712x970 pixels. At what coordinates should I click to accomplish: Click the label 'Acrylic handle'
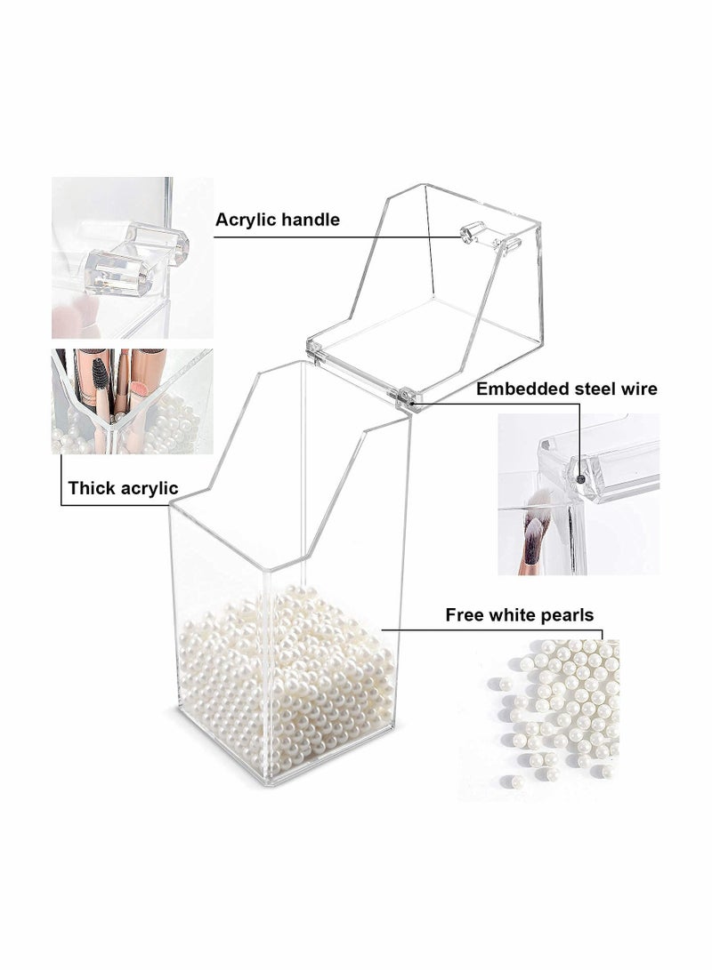click(278, 220)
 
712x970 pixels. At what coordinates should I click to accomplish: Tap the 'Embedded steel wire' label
click(566, 389)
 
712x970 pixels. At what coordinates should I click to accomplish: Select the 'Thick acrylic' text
click(123, 487)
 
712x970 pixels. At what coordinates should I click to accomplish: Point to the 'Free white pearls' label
click(519, 614)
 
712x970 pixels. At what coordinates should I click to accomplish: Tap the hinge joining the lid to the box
click(407, 394)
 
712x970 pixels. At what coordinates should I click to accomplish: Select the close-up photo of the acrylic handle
click(132, 257)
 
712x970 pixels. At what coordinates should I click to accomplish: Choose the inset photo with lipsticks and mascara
click(132, 401)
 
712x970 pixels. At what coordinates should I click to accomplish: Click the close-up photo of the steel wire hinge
click(578, 493)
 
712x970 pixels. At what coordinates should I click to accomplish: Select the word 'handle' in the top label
click(310, 220)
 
